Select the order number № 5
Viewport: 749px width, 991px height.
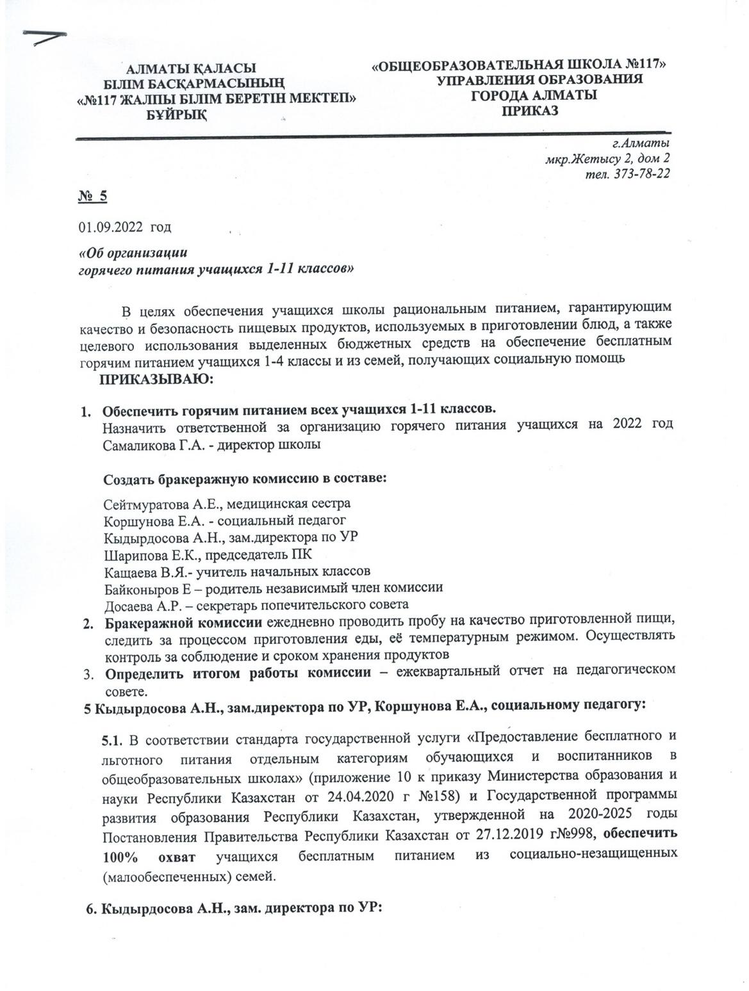[x=92, y=197]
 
